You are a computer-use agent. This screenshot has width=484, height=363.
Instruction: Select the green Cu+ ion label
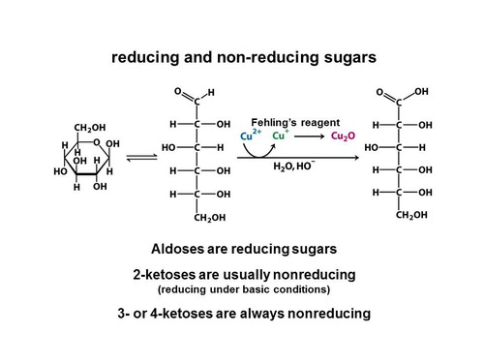pyautogui.click(x=281, y=136)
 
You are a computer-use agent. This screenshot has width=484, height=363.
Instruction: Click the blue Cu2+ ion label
pyautogui.click(x=250, y=136)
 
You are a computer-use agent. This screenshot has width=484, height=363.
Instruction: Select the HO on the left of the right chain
pyautogui.click(x=372, y=147)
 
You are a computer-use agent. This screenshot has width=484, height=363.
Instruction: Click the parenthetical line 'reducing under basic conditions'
pyautogui.click(x=241, y=289)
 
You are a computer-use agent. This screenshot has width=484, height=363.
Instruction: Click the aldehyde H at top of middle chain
pyautogui.click(x=212, y=93)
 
